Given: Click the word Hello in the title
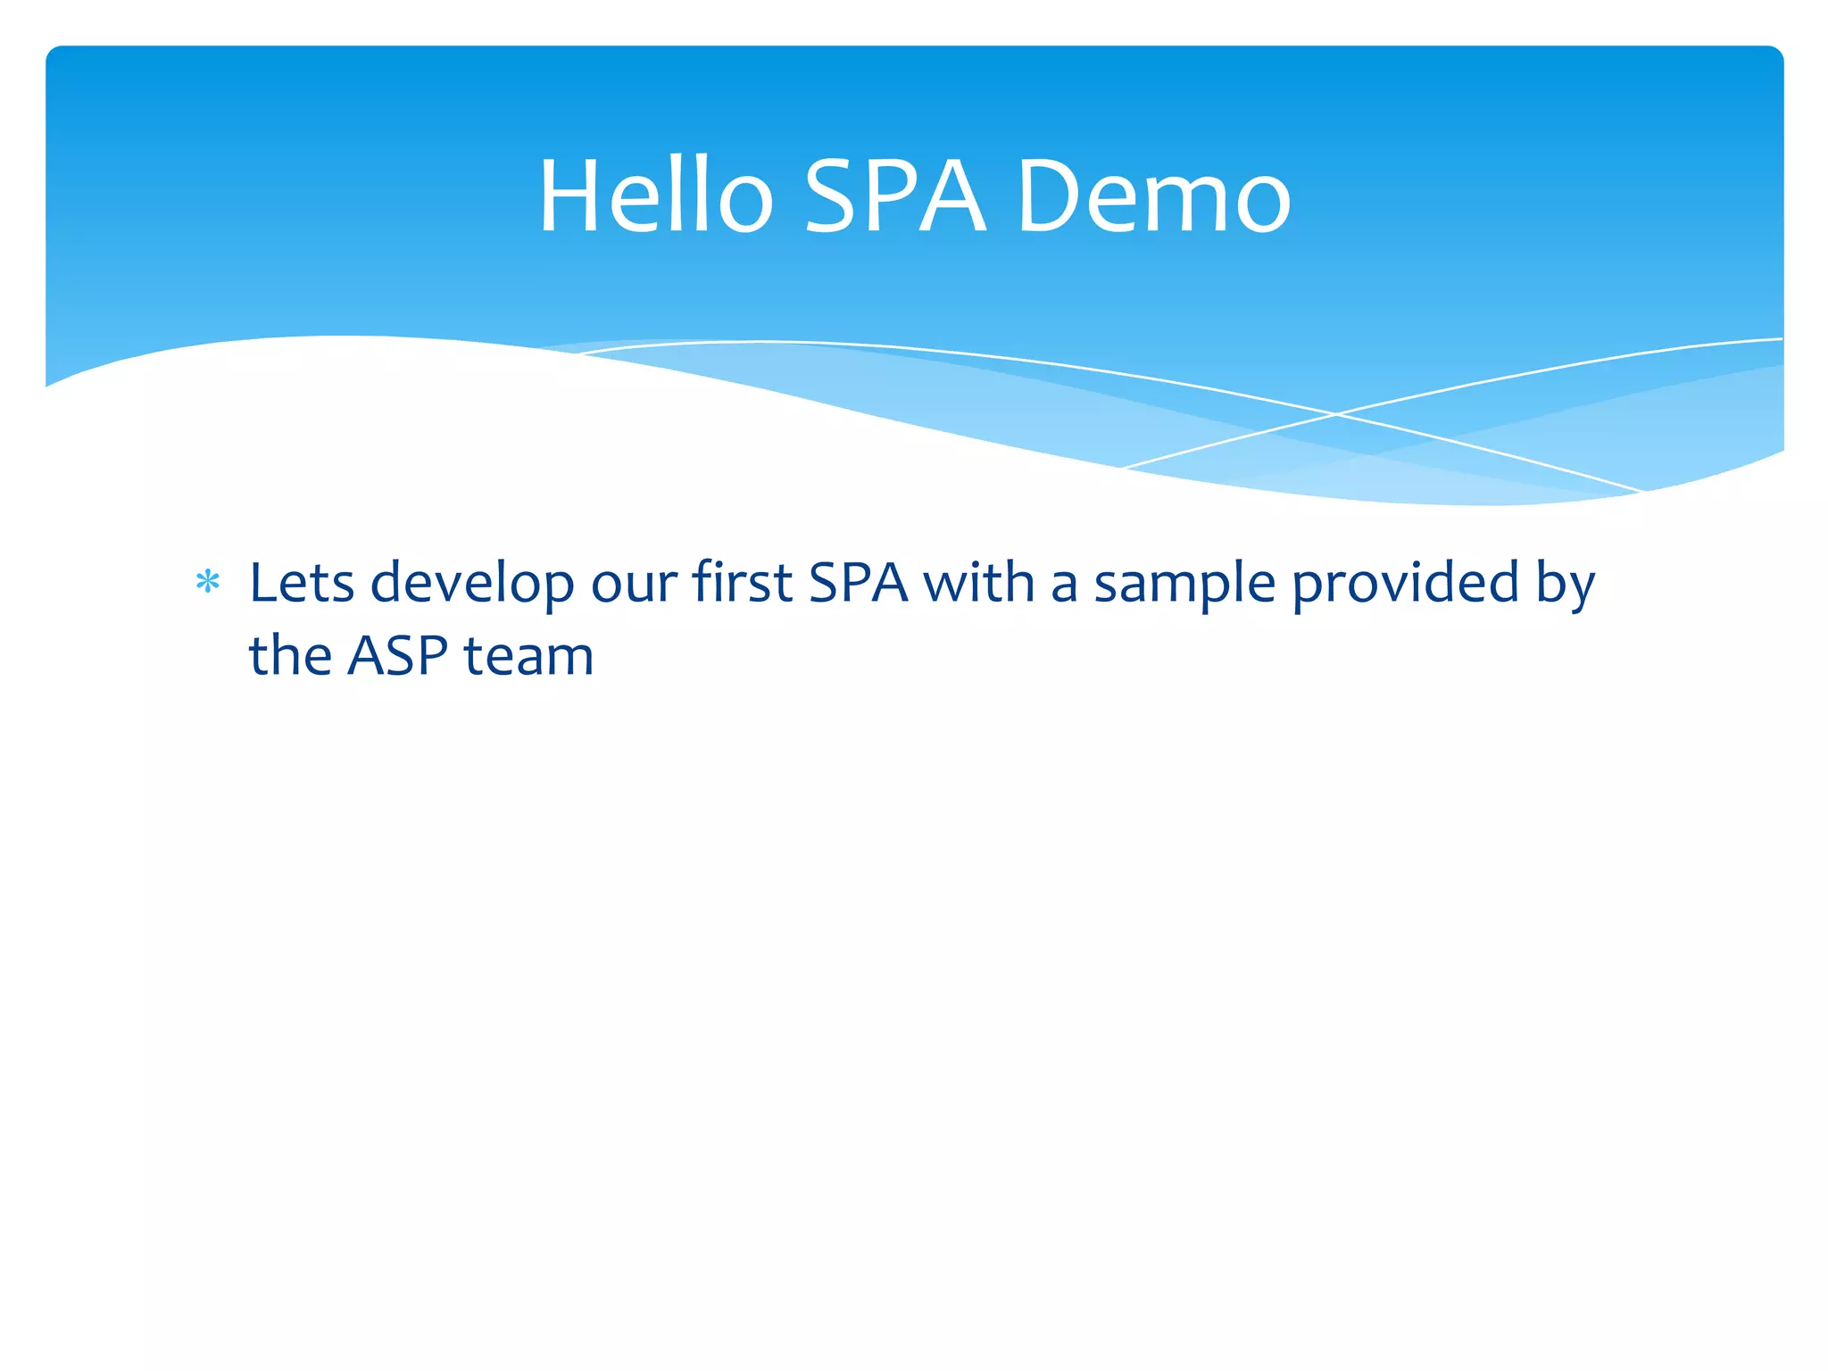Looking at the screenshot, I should click(x=656, y=196).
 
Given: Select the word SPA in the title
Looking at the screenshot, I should click(x=895, y=196).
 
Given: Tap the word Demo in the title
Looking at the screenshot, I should click(x=1153, y=196).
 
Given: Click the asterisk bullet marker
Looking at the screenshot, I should click(x=208, y=583).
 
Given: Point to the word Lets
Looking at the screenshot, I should click(x=302, y=583).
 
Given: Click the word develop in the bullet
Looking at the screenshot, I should click(x=472, y=585).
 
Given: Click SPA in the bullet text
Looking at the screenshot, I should click(x=858, y=583).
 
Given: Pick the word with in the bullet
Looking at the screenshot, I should click(x=978, y=583).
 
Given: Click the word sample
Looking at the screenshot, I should click(x=1184, y=585).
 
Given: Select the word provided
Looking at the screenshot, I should click(x=1406, y=583).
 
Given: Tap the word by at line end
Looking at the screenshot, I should click(x=1565, y=585).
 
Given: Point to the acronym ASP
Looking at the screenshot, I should click(x=397, y=656).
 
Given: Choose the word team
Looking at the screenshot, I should click(x=528, y=656).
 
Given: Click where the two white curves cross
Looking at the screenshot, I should click(x=1336, y=414).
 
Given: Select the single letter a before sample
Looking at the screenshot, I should click(x=1065, y=585).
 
